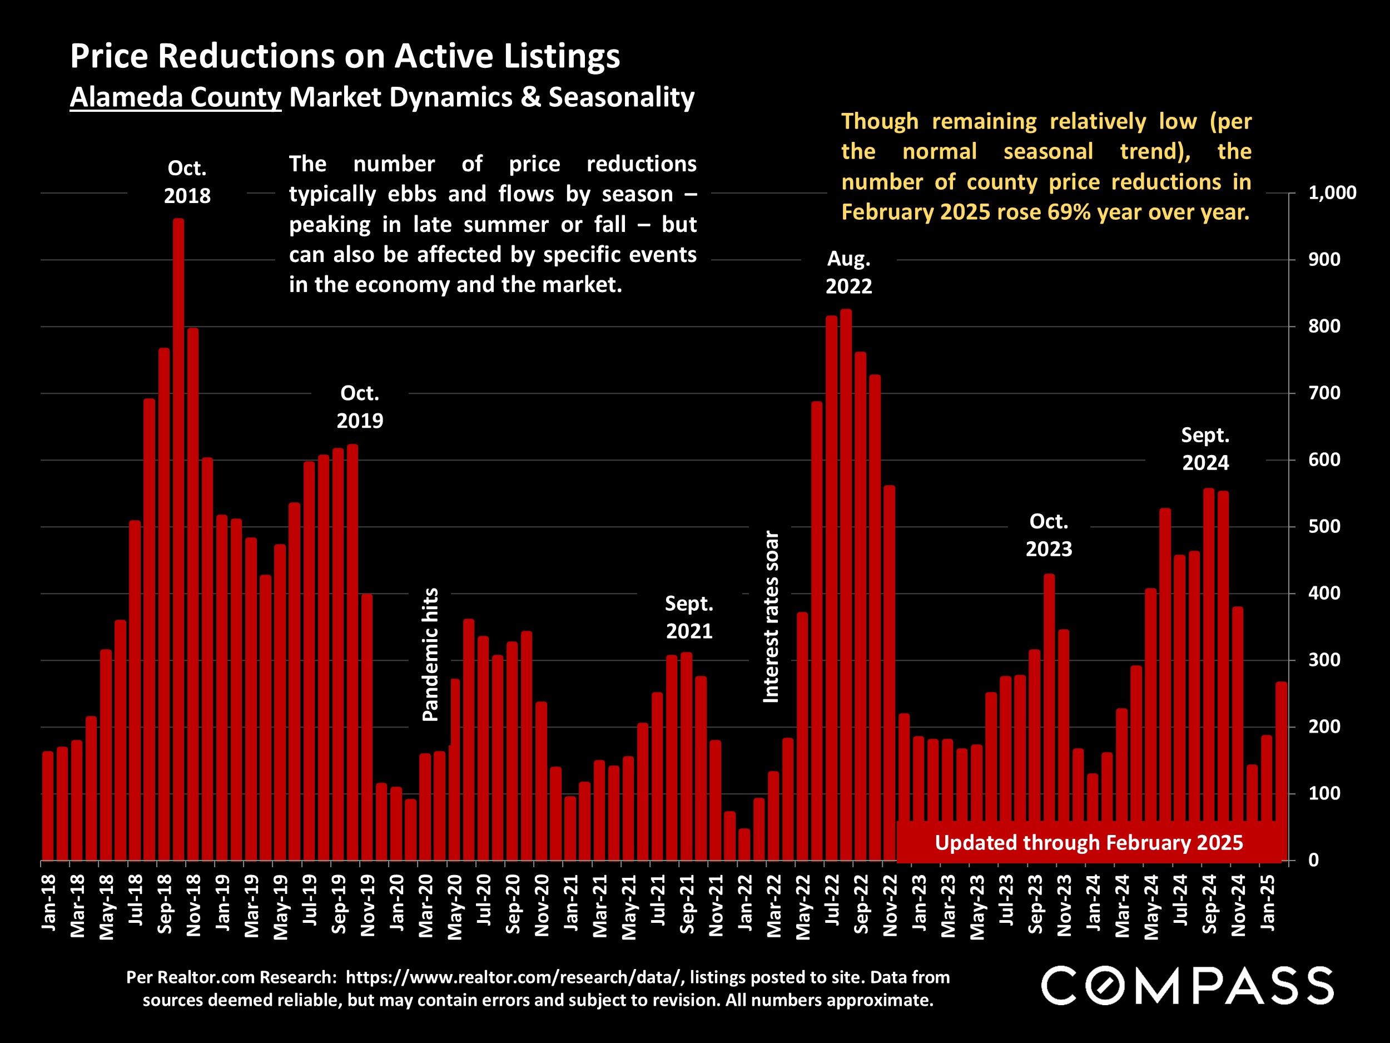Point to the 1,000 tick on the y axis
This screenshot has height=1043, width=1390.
tap(1332, 193)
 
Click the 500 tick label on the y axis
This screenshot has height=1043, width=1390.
tap(1324, 527)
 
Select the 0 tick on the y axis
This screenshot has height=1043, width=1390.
tap(1313, 861)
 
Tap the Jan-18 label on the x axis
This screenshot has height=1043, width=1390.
tap(49, 903)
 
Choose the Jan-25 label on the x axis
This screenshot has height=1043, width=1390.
tap(1268, 903)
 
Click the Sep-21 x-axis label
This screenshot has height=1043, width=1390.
tap(687, 904)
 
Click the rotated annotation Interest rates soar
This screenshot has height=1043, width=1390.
tap(771, 617)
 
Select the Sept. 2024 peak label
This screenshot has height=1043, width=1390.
tap(1205, 449)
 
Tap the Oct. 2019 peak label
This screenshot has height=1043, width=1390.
tap(359, 407)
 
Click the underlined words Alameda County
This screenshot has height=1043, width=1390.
tap(175, 97)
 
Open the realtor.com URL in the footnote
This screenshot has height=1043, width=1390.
tap(513, 977)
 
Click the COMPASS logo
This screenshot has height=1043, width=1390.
tap(1187, 986)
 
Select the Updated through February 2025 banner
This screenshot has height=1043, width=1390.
tap(1089, 842)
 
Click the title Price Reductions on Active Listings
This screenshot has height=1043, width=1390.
tap(345, 56)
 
